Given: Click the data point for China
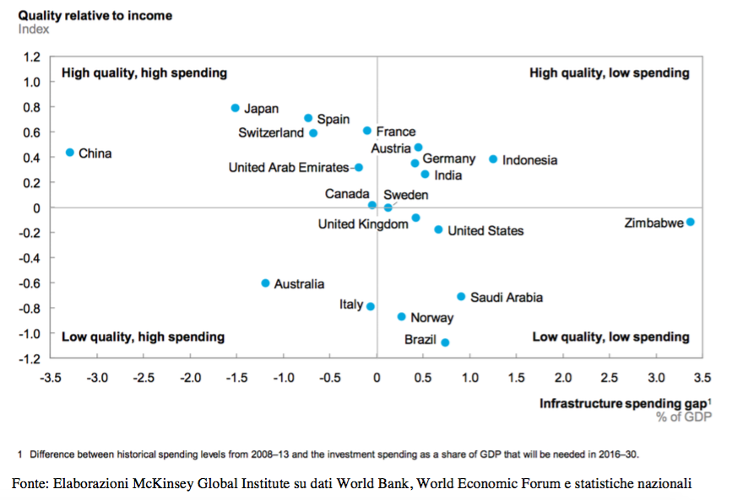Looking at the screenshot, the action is point(70,153).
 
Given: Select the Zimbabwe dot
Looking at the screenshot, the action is point(691,222).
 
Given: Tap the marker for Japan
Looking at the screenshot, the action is point(236,108).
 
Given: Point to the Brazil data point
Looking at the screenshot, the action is point(445,342).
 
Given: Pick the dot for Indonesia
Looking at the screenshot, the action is point(493,159).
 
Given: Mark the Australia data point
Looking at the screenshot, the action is point(265,283).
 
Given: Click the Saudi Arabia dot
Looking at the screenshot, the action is point(461,297).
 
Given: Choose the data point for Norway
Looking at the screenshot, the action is point(402,317).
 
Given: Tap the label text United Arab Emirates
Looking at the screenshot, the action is point(289,168).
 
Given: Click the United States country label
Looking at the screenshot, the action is point(485,231).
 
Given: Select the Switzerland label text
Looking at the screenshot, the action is point(271,133).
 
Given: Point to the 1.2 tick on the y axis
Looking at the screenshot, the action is point(32,57).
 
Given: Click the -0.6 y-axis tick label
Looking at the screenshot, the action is point(30,283).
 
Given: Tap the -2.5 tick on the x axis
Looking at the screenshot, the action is point(144,378).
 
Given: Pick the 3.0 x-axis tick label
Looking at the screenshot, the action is point(656,378).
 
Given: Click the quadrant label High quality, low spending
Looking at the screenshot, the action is point(610,73).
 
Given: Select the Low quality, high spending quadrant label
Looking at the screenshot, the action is point(143,336).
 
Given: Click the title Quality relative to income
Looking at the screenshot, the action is point(95,15).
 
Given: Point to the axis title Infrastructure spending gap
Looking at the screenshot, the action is point(623,403).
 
